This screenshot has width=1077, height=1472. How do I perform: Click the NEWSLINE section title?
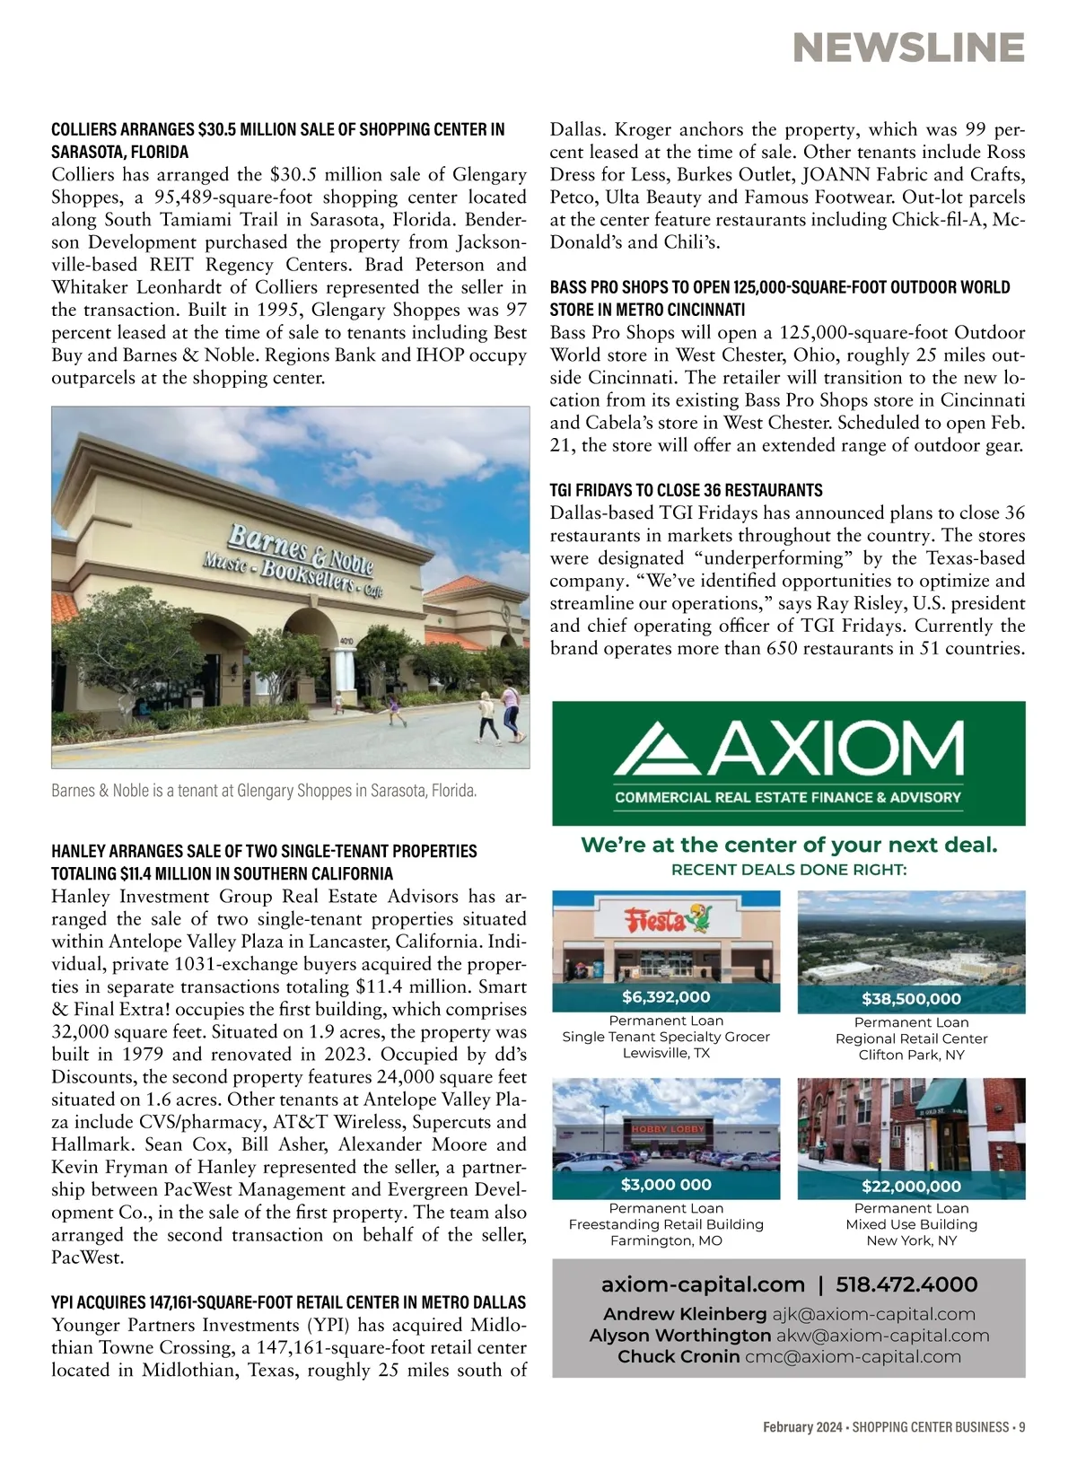click(x=908, y=48)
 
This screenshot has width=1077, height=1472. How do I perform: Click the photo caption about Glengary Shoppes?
click(x=264, y=791)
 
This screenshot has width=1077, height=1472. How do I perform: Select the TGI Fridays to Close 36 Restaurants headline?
click(x=686, y=490)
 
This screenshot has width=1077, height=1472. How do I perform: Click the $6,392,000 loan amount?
click(x=666, y=997)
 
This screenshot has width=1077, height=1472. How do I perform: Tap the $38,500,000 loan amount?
click(x=911, y=999)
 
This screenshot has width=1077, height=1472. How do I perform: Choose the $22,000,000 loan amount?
click(x=911, y=1186)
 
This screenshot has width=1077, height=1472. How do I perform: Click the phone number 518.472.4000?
click(x=906, y=1285)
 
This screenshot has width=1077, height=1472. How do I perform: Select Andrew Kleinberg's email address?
click(x=873, y=1315)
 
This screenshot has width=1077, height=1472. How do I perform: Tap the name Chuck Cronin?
click(x=679, y=1357)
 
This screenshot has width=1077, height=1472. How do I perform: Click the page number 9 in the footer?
click(x=1021, y=1427)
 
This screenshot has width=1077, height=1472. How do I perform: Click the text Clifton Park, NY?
click(x=911, y=1055)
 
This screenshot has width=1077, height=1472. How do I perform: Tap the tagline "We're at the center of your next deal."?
click(x=789, y=845)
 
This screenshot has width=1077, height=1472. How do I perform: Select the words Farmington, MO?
click(x=666, y=1240)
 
